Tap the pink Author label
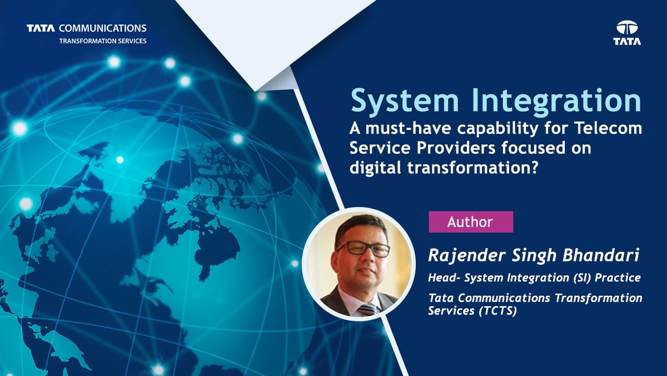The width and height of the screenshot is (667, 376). (x=470, y=222)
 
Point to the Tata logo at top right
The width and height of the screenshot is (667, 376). (x=627, y=33)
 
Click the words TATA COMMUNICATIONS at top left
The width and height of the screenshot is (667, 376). (x=86, y=28)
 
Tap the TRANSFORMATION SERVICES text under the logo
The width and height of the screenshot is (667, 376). (x=103, y=41)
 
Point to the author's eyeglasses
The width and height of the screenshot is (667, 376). (x=362, y=249)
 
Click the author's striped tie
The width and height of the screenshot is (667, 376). (x=367, y=309)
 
